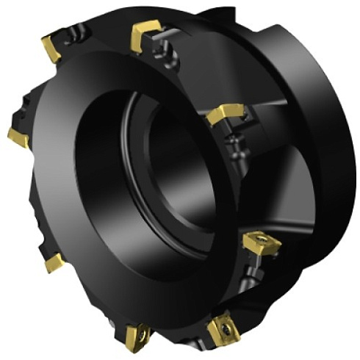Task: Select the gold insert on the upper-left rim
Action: click(x=51, y=48)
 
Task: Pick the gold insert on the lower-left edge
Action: click(x=53, y=262)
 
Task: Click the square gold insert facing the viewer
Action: click(x=262, y=242)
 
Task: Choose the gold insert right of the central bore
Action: click(x=225, y=115)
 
